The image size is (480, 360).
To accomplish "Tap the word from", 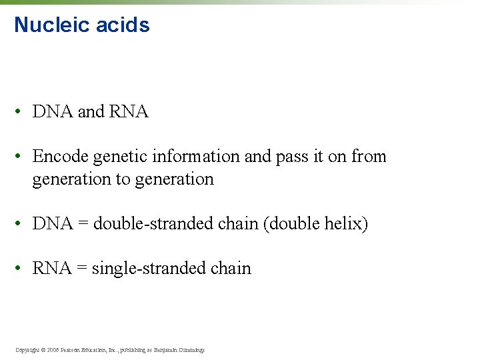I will [369, 157].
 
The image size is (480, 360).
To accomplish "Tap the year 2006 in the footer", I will [54, 349].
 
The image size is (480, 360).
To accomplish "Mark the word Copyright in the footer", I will [27, 349].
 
